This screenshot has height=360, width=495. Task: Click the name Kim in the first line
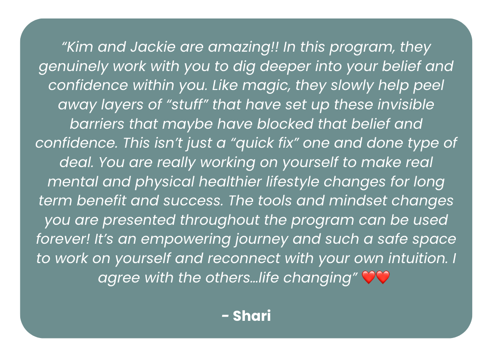click(x=80, y=47)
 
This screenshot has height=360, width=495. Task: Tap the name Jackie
click(x=153, y=47)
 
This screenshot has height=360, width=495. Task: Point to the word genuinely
click(x=73, y=67)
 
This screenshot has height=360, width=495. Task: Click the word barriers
click(x=97, y=124)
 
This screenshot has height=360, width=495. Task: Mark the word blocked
click(x=285, y=124)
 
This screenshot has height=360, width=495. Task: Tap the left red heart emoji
click(x=369, y=277)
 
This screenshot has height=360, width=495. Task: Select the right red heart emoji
click(x=383, y=277)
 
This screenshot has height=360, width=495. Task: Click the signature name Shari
click(x=252, y=316)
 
